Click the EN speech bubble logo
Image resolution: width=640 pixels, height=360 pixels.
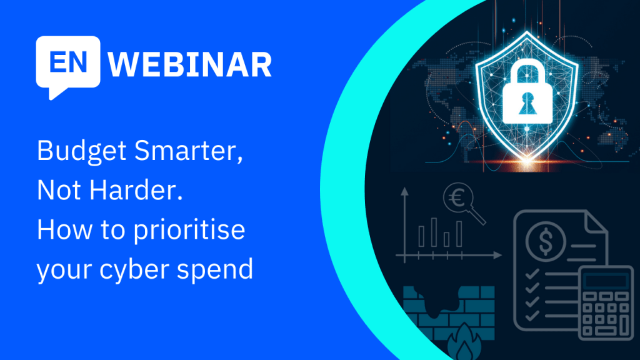[x=68, y=65]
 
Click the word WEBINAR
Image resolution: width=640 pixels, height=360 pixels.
[x=189, y=64]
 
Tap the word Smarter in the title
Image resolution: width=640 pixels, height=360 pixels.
[x=189, y=151]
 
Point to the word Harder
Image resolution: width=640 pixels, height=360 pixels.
[x=136, y=190]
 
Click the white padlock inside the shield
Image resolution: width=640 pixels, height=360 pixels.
[x=527, y=93]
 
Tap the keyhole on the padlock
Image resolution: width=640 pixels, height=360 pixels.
[x=527, y=103]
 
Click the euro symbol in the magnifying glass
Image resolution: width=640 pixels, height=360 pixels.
[x=457, y=198]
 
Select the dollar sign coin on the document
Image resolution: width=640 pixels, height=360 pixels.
[x=546, y=241]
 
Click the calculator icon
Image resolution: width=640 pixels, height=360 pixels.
[x=606, y=302]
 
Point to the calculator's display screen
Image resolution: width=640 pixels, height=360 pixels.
[x=606, y=281]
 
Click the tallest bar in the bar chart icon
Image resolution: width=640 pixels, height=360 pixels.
[x=434, y=232]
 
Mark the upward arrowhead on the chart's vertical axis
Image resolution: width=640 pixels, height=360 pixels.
[x=404, y=191]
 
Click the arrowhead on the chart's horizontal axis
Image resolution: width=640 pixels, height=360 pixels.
[x=497, y=256]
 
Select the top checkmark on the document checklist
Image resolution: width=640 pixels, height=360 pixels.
[x=532, y=274]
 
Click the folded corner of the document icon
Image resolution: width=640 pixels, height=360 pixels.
[x=596, y=223]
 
